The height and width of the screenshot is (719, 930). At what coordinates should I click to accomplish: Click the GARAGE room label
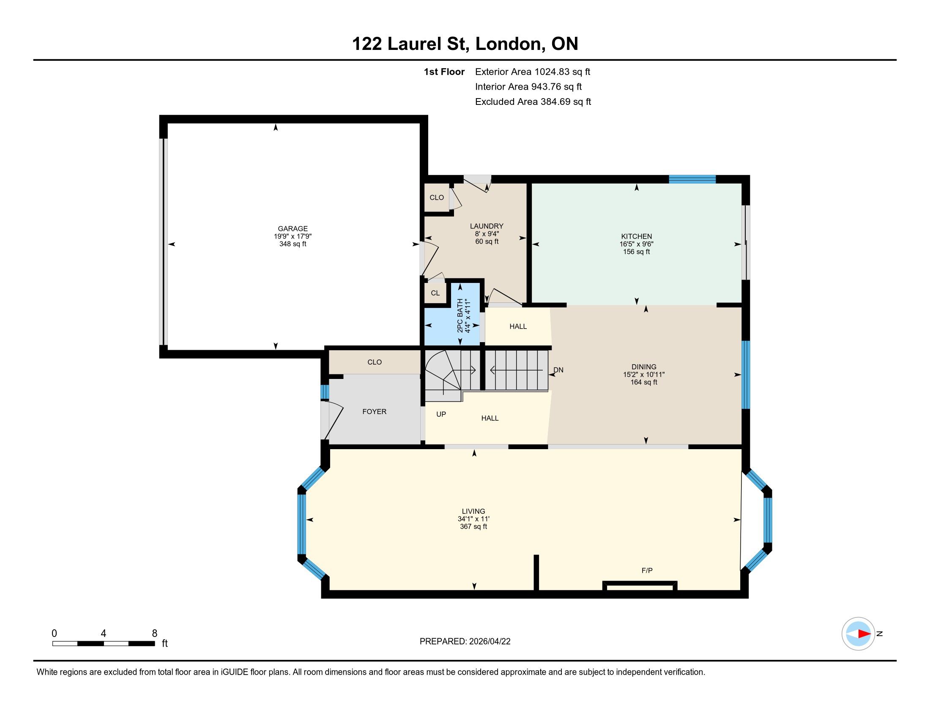point(293,229)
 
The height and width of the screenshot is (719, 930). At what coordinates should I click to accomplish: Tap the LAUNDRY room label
point(487,226)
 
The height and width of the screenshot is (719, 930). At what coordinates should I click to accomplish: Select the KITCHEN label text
point(637,236)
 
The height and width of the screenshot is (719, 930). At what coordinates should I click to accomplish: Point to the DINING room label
point(644,367)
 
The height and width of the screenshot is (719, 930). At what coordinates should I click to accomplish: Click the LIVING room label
point(473,511)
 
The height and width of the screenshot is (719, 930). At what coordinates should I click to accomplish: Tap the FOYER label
point(374,412)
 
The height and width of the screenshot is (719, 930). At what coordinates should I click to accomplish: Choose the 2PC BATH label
point(460,316)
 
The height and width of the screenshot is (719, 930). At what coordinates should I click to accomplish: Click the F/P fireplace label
point(647,571)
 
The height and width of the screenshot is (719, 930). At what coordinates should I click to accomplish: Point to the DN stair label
point(558,370)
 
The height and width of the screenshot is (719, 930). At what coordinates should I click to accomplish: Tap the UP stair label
point(441,414)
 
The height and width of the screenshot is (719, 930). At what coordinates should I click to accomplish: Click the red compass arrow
point(864,634)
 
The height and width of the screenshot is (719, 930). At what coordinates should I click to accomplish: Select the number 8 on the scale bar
point(155,634)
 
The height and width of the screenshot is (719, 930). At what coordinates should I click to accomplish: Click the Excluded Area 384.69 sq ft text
point(533,102)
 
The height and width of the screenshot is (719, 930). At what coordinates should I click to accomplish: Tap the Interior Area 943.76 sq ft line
point(528,87)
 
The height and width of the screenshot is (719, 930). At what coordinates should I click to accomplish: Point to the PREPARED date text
point(465,642)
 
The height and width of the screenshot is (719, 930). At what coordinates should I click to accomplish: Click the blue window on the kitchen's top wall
point(692,179)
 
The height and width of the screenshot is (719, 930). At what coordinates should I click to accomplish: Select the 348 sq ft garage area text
point(293,244)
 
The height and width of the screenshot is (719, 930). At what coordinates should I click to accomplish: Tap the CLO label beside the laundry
point(437,198)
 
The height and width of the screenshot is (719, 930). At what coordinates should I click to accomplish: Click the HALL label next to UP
point(490,418)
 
